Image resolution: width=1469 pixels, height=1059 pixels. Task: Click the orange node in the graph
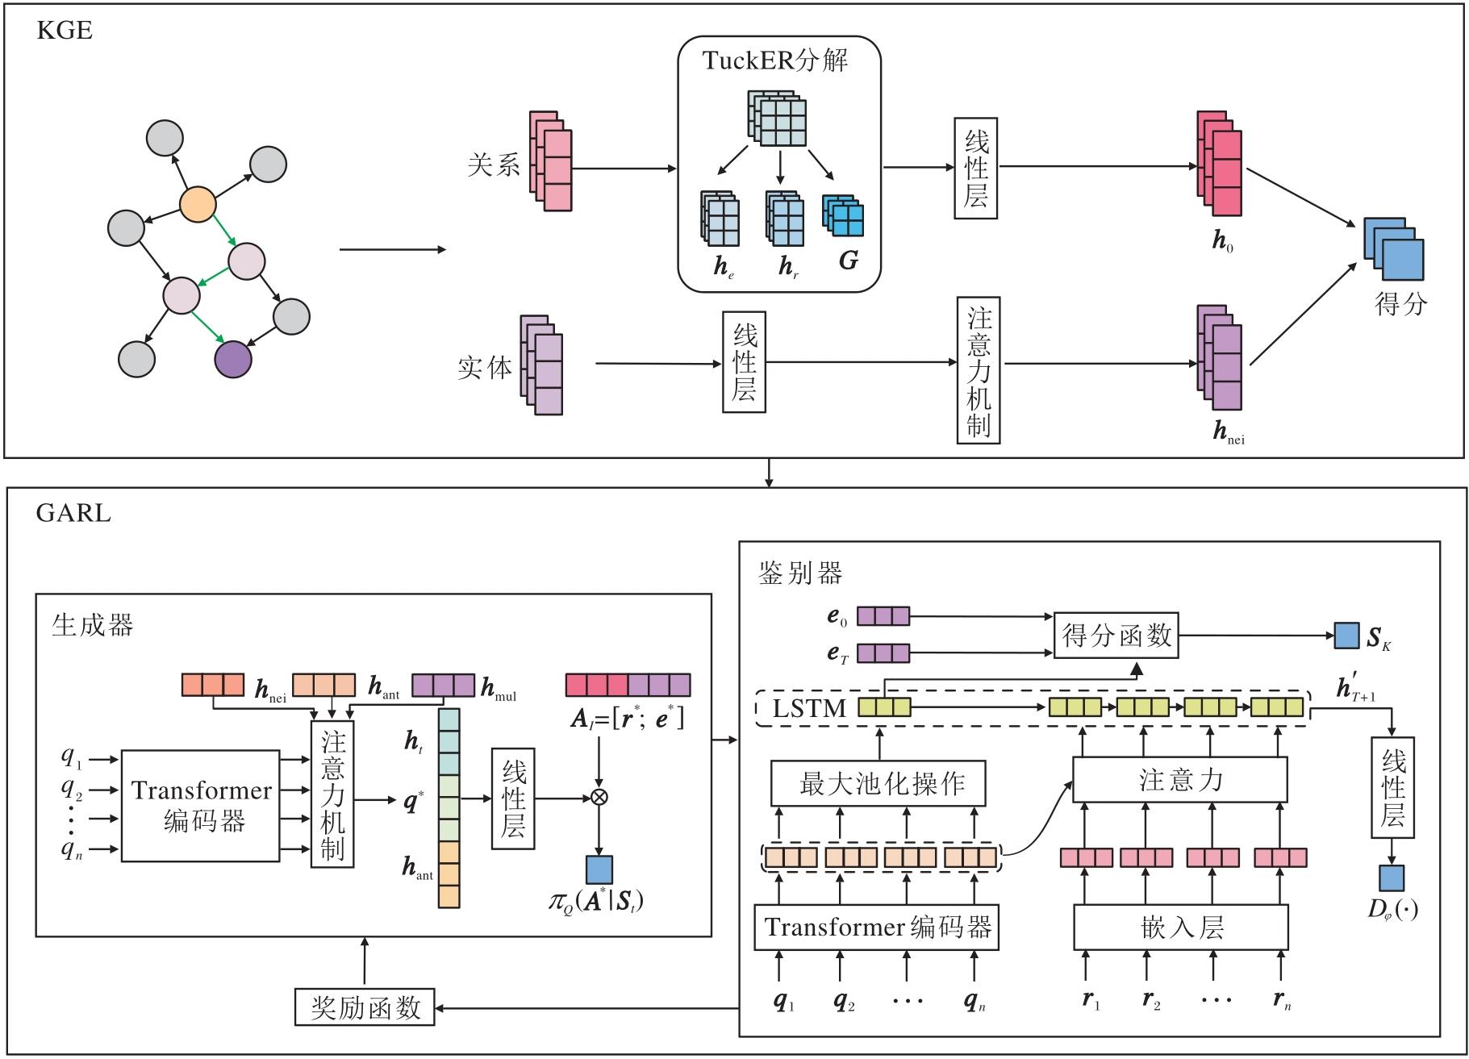[x=198, y=204]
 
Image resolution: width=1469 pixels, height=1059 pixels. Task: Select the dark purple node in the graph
[x=233, y=360]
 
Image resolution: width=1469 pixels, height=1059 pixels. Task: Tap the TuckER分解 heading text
[x=774, y=60]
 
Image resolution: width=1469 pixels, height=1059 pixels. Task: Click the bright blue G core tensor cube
[x=844, y=216]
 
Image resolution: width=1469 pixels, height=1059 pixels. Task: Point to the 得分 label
[x=1400, y=304]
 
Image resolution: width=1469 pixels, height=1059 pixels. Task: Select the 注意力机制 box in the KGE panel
[x=979, y=370]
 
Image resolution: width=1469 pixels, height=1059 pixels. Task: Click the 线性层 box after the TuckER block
[x=976, y=169]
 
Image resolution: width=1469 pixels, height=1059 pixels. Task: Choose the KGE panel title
[x=65, y=31]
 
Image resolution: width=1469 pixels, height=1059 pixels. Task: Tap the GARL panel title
[x=73, y=513]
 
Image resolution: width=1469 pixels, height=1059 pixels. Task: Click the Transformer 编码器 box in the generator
[x=201, y=806]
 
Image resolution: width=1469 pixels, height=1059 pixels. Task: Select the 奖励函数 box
[x=365, y=1007]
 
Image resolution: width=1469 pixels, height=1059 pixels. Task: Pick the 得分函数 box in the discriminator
[x=1116, y=636]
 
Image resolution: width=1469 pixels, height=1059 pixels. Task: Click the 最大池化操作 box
[x=878, y=783]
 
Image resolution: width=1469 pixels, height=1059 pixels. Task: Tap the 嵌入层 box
[x=1180, y=928]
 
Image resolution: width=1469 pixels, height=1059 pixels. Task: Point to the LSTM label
[x=809, y=709]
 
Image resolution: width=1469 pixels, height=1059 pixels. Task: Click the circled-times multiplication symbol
[x=599, y=798]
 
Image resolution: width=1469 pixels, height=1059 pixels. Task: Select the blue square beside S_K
[x=1346, y=636]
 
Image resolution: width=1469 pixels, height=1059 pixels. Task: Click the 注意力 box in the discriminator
[x=1179, y=780]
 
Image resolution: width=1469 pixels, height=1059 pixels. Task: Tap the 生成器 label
[x=93, y=625]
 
